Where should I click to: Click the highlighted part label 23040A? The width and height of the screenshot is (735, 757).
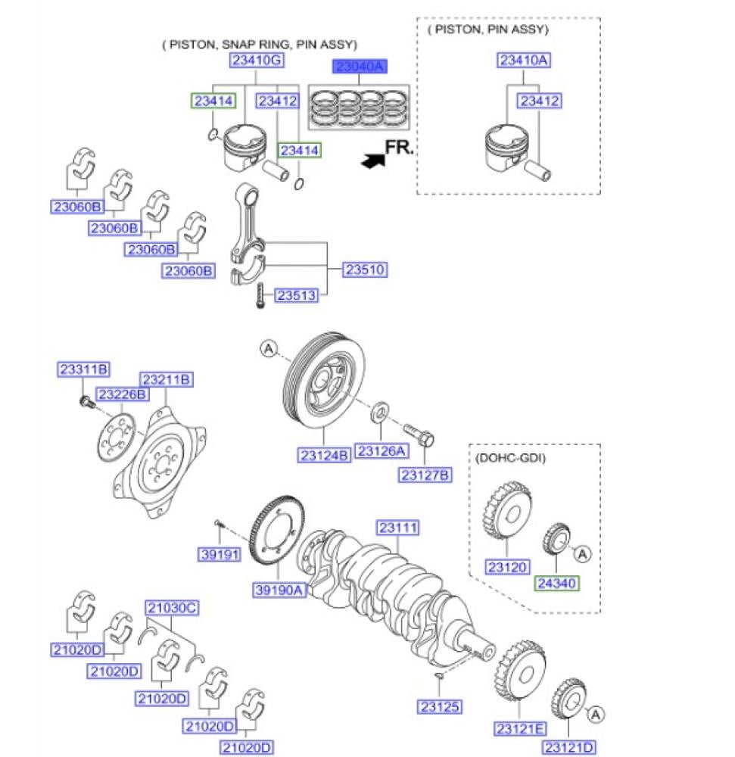360,66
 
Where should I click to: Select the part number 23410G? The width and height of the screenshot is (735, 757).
257,60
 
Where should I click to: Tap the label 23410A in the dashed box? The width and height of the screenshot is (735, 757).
524,60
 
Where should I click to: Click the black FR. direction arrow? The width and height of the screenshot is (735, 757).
373,160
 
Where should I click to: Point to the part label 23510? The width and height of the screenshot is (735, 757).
365,269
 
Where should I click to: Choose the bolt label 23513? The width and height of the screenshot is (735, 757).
296,295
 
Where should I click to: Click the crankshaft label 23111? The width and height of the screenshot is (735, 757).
397,528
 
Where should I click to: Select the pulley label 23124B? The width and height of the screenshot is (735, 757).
324,455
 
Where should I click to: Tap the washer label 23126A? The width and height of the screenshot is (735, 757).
382,451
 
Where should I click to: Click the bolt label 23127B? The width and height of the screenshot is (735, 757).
425,475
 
